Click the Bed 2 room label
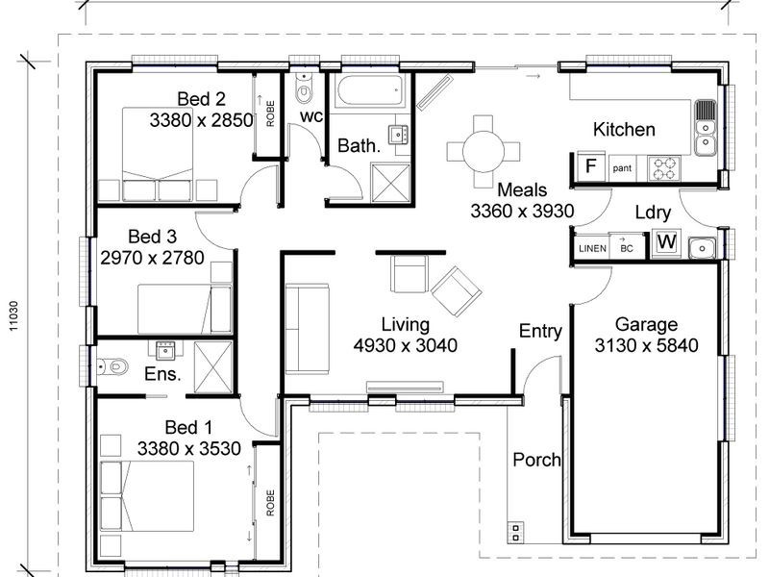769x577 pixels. click(x=201, y=98)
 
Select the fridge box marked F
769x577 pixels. click(x=591, y=165)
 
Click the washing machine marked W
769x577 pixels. click(x=665, y=244)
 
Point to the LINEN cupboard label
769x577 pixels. click(x=591, y=248)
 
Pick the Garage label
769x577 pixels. click(x=647, y=324)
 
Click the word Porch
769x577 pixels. click(x=536, y=460)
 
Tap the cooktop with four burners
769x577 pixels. click(x=662, y=165)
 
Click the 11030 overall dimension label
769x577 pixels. click(x=12, y=314)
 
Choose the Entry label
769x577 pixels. click(x=540, y=331)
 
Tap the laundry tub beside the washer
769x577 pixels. click(x=703, y=247)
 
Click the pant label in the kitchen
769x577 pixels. click(x=622, y=167)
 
